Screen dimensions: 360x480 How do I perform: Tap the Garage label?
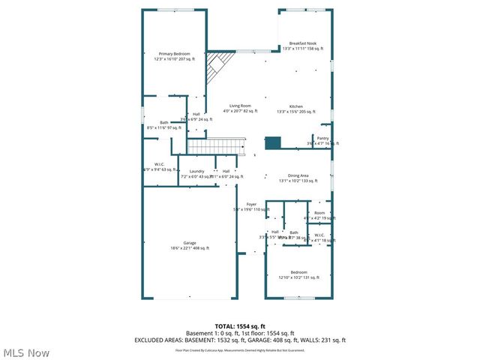(189, 245)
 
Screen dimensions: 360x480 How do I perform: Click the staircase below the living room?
(217, 145)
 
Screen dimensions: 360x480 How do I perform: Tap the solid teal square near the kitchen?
(273, 142)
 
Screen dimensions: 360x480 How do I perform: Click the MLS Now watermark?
(26, 352)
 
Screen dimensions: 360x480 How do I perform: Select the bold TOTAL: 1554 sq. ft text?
(240, 326)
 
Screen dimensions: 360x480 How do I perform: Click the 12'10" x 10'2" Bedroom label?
(298, 274)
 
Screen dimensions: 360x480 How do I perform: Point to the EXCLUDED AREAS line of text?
(240, 340)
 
